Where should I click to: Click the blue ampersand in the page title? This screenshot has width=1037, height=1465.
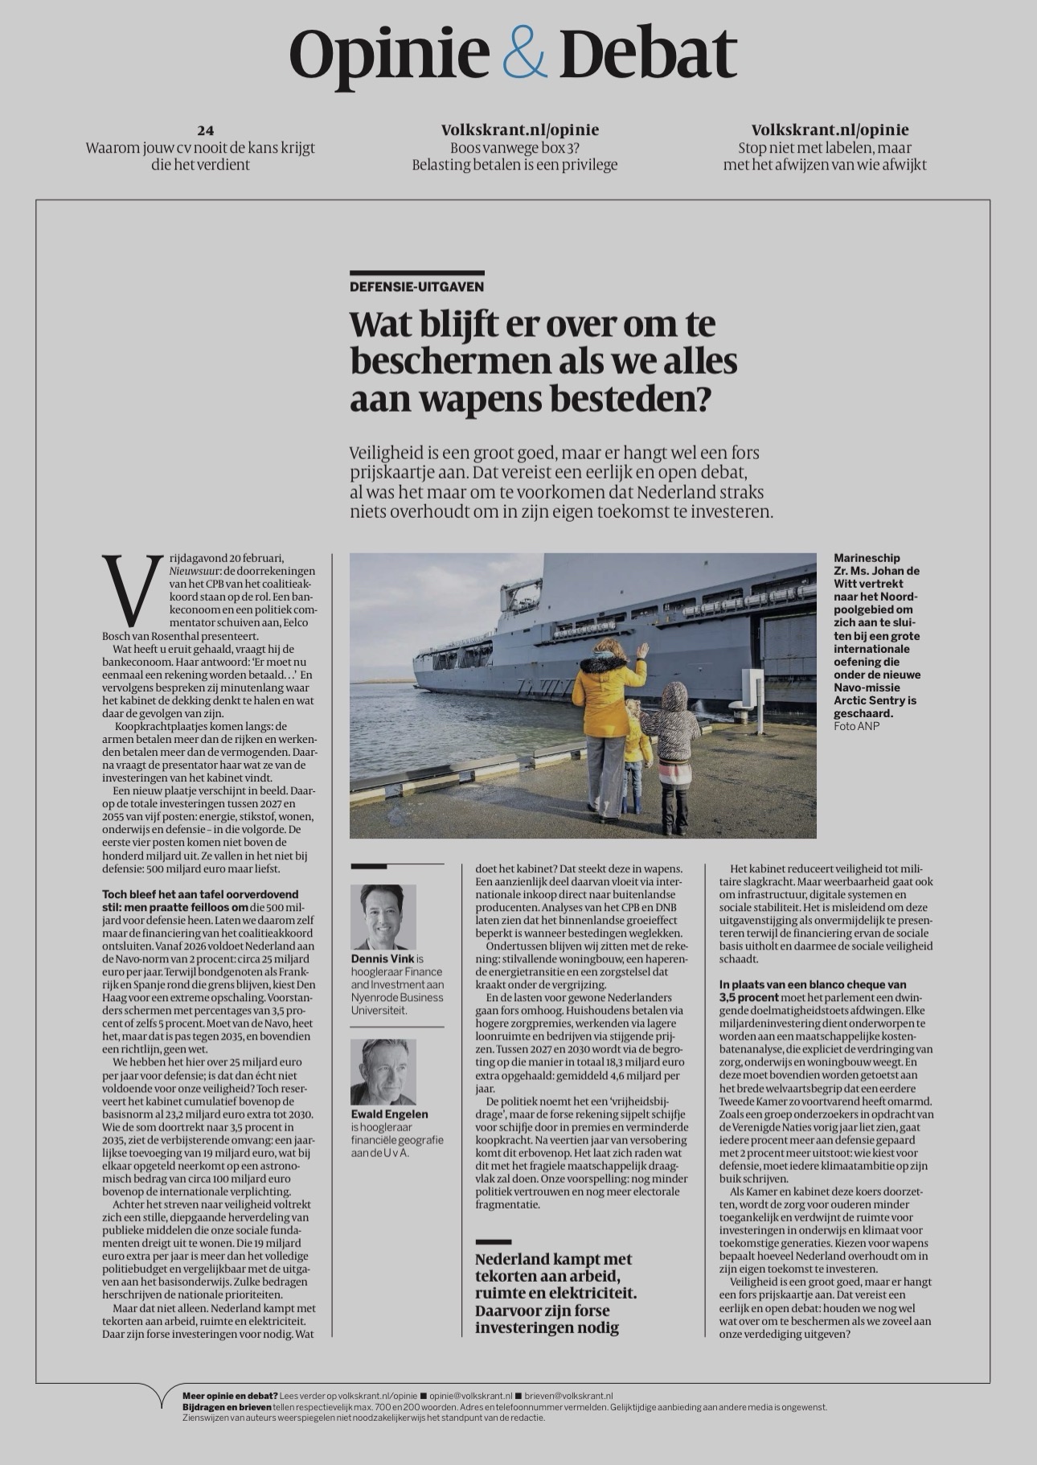[524, 53]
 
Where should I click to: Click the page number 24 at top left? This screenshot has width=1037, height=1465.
[205, 130]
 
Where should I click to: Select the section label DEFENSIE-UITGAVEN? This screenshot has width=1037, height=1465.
[416, 286]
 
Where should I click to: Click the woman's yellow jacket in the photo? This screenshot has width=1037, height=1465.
[603, 696]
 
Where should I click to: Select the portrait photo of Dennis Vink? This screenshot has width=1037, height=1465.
[383, 917]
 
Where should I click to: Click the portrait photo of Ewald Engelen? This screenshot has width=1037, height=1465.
[383, 1071]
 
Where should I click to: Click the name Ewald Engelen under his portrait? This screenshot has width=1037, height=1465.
[389, 1114]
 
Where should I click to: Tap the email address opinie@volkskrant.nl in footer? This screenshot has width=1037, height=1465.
[470, 1396]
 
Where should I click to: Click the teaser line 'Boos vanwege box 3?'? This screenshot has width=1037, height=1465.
[514, 148]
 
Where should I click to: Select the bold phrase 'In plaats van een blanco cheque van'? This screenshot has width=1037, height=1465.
[813, 984]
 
